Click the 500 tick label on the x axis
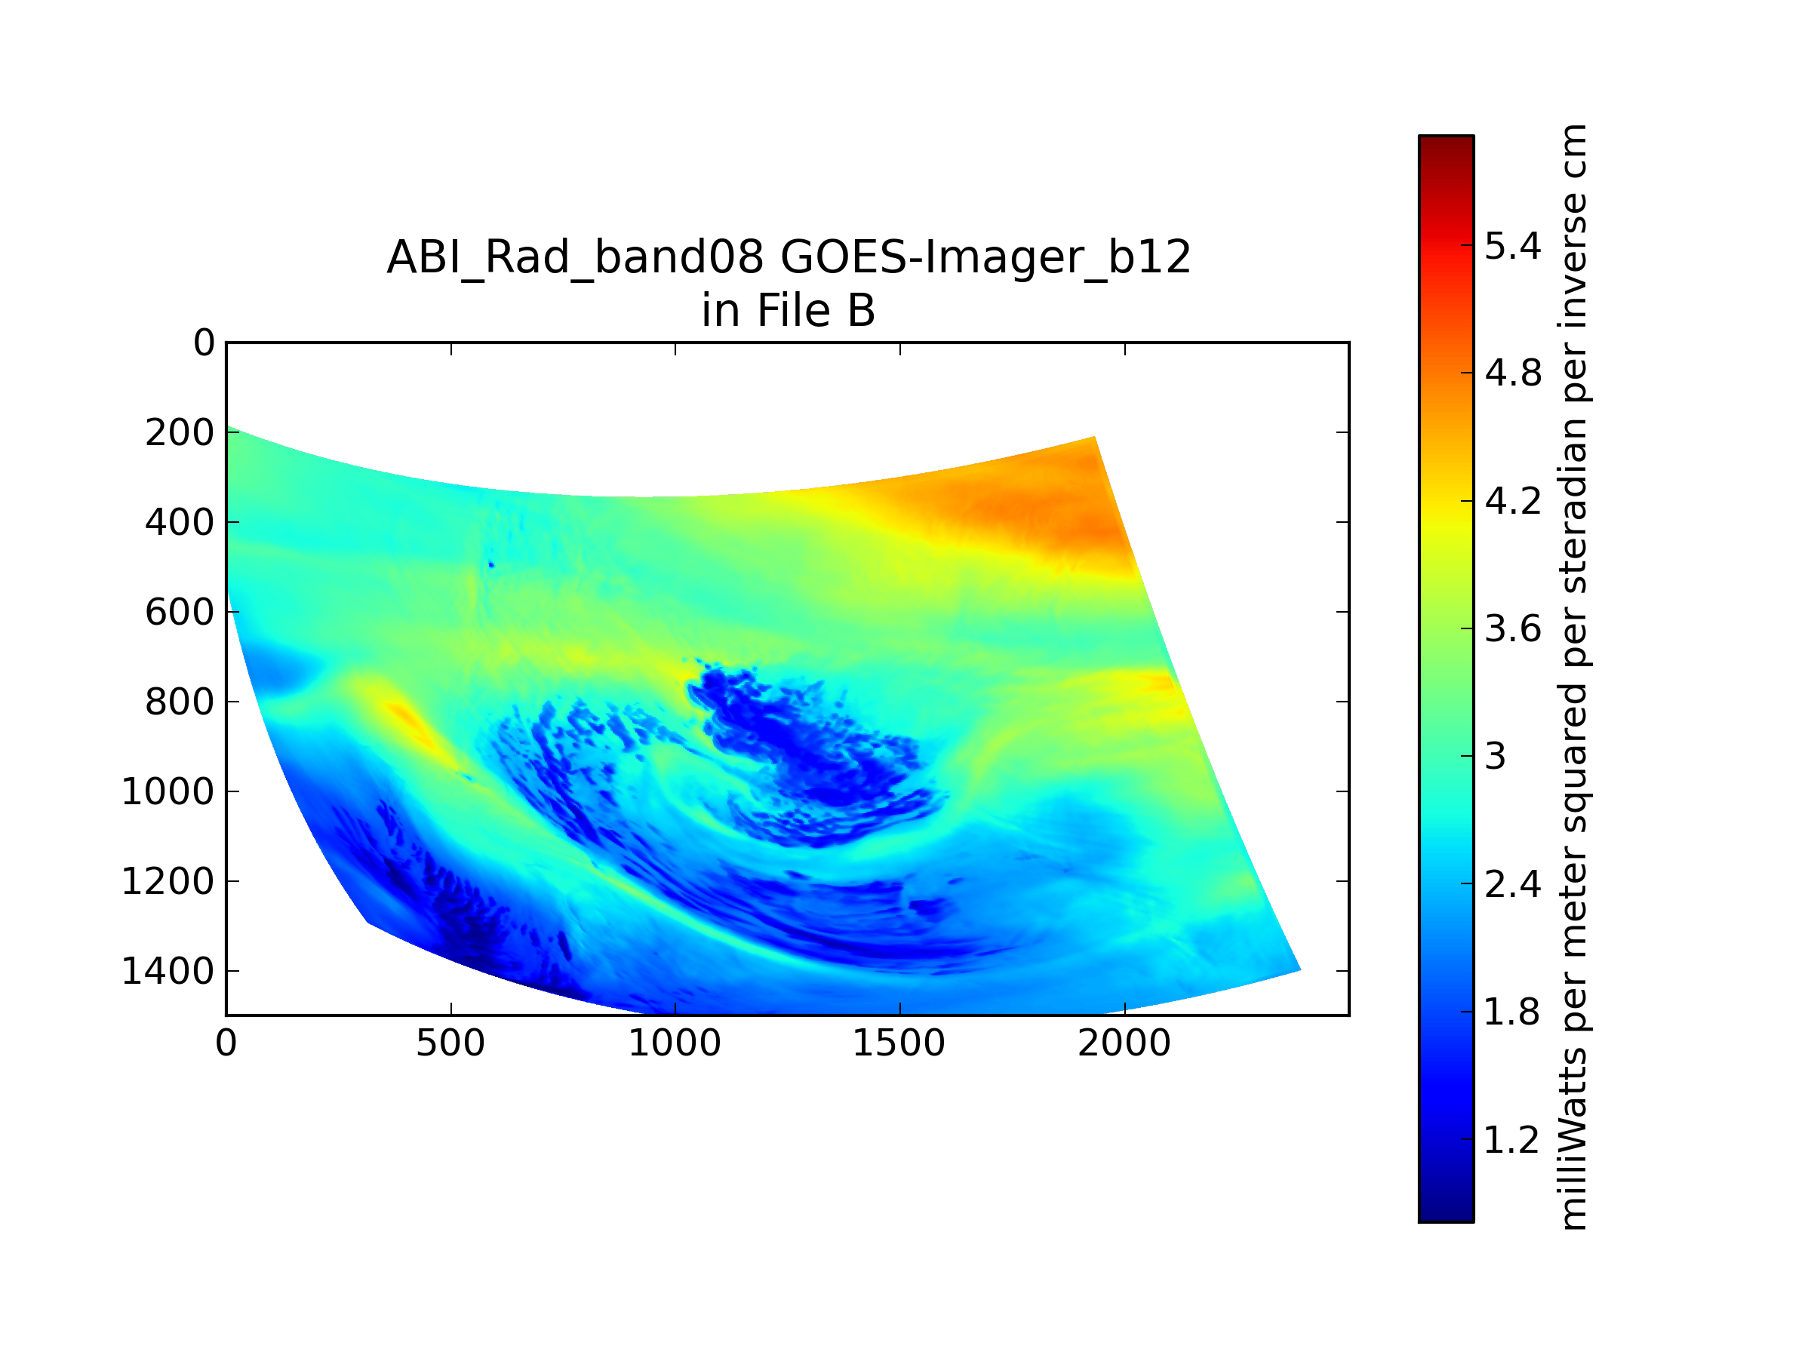point(450,1043)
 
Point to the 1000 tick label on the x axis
point(675,1043)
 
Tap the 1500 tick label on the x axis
point(899,1043)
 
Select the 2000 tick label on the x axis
point(1124,1043)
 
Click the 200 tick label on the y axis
point(180,433)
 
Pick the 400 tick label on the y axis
point(180,522)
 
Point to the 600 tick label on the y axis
point(180,613)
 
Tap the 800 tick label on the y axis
point(180,702)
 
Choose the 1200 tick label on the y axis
point(168,882)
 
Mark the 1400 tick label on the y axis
point(168,972)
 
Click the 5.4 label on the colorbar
point(1513,245)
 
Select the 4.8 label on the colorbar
point(1513,373)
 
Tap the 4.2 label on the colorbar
point(1513,501)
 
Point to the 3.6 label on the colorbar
point(1513,628)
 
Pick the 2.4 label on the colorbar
point(1513,884)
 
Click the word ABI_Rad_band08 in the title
point(576,259)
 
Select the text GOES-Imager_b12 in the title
point(985,259)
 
